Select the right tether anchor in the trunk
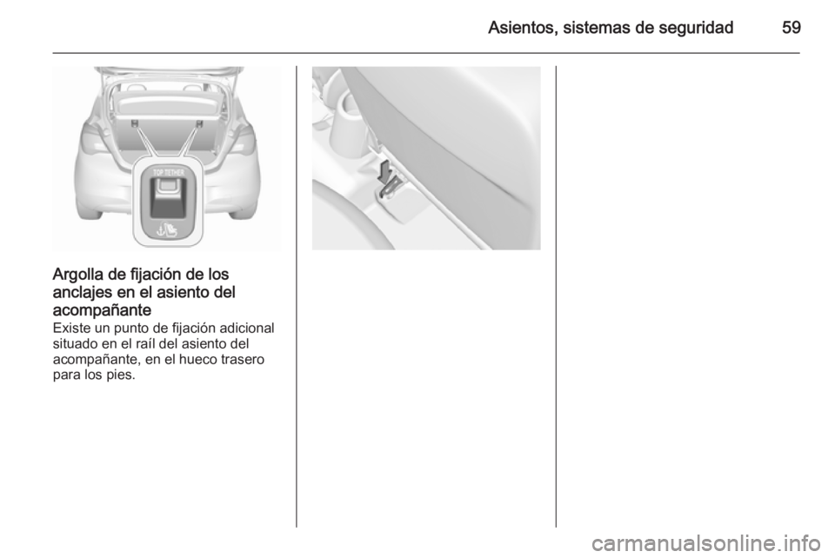[199, 124]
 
